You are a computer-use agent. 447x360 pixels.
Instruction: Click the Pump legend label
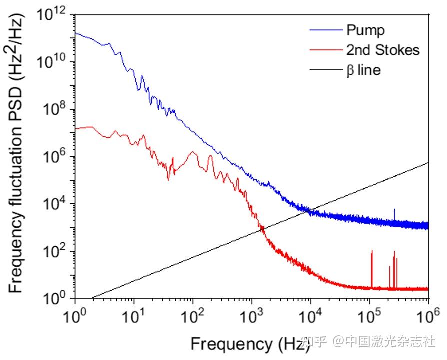(365, 30)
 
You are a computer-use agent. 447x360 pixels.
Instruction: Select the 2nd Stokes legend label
(383, 50)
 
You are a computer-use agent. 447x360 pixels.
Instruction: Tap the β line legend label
(363, 70)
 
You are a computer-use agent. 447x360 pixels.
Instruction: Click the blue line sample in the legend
(325, 30)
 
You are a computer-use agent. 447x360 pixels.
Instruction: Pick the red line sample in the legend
(325, 50)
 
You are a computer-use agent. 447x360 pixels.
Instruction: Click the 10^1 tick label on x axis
(133, 316)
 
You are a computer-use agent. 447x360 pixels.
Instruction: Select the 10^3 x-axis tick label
(251, 316)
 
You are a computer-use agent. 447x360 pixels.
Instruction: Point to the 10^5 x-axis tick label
(369, 316)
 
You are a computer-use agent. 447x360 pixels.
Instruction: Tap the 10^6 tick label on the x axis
(428, 316)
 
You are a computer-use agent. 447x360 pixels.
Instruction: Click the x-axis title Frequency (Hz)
(247, 344)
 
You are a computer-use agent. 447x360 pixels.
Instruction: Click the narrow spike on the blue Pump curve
(394, 214)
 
